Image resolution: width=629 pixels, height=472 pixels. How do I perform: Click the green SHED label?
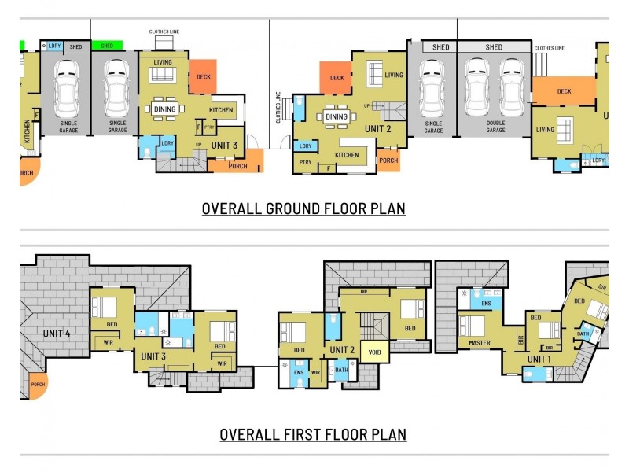click(x=107, y=46)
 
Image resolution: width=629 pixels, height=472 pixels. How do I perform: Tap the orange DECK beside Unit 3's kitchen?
click(x=202, y=77)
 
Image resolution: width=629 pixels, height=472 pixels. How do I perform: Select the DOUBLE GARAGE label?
click(x=495, y=126)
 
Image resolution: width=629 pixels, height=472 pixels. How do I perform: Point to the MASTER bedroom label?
click(x=478, y=343)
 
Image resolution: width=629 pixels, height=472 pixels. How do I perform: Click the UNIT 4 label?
click(x=57, y=334)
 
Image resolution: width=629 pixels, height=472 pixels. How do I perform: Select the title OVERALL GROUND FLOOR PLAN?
click(x=303, y=208)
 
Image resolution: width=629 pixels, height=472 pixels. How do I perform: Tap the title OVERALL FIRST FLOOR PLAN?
click(x=312, y=434)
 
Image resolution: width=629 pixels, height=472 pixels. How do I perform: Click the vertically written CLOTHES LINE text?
click(x=278, y=107)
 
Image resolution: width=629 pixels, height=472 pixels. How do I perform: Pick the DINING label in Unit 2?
click(x=337, y=117)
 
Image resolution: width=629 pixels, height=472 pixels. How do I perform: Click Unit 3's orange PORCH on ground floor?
click(x=237, y=166)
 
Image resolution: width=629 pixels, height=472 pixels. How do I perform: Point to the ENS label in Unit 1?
click(x=486, y=303)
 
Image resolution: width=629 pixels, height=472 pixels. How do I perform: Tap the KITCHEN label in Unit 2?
click(x=347, y=156)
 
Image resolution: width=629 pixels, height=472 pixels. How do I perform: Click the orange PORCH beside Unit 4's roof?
click(x=37, y=385)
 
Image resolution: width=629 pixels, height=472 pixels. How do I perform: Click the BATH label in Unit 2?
click(x=341, y=370)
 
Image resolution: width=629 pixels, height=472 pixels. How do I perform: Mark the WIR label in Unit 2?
click(x=315, y=373)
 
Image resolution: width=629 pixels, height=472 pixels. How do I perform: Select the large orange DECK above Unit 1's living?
click(x=564, y=91)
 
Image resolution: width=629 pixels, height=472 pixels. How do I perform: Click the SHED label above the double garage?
click(x=494, y=47)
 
